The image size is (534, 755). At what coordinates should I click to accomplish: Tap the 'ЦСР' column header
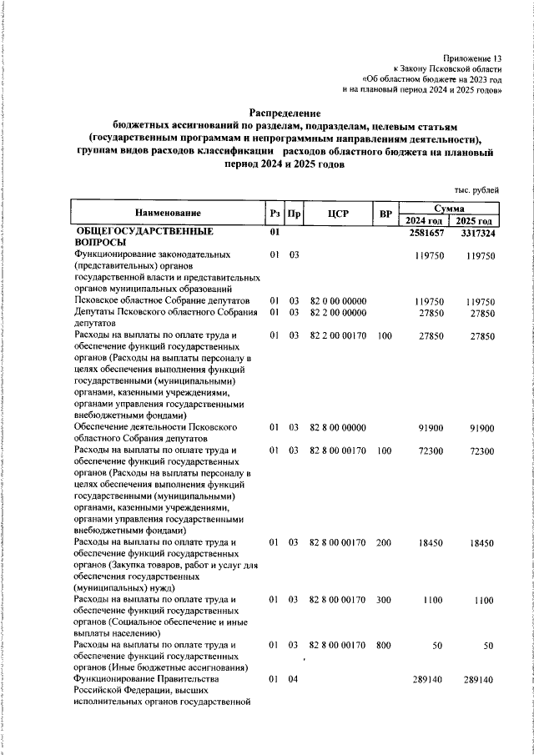pos(337,214)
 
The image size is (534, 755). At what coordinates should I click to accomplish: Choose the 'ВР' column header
pos(385,214)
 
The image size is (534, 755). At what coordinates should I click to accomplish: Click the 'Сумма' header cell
pos(450,207)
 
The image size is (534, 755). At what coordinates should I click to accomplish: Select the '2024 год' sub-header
pos(425,220)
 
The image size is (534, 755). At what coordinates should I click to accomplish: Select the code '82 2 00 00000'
pos(337,312)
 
